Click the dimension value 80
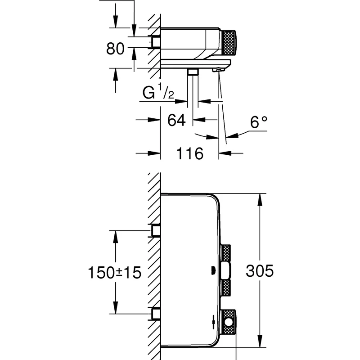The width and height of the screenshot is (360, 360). click(x=115, y=48)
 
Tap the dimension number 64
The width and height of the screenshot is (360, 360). click(x=176, y=120)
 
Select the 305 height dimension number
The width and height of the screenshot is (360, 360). click(x=260, y=272)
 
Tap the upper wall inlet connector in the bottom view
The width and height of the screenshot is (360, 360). click(x=156, y=231)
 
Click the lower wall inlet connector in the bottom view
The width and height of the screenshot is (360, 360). click(x=156, y=313)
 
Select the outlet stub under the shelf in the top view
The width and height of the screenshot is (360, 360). click(x=193, y=72)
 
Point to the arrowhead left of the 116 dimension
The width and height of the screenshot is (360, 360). click(x=155, y=153)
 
